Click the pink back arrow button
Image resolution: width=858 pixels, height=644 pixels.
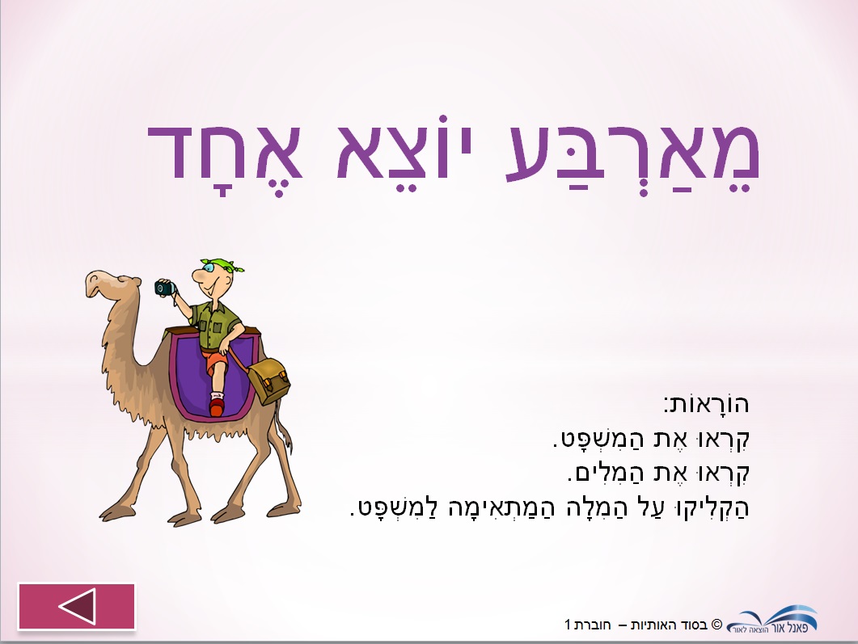(77, 606)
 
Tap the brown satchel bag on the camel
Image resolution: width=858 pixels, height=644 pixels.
(268, 381)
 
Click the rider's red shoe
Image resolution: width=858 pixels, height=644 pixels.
(217, 407)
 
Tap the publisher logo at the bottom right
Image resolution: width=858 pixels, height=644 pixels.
(772, 620)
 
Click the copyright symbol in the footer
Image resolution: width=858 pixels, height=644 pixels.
(716, 625)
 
